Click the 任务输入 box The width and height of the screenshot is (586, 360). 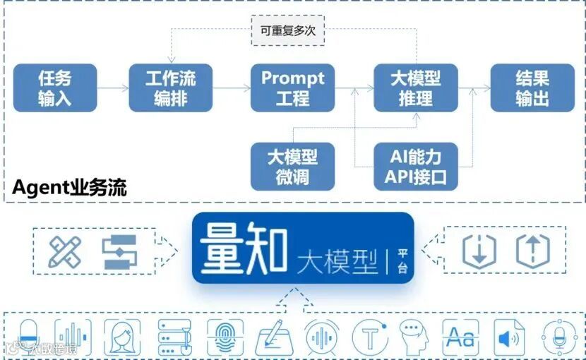[x=55, y=88]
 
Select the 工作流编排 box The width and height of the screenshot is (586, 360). [x=170, y=88]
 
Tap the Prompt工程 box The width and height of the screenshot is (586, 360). [x=292, y=88]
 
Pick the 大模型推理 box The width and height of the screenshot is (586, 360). [x=415, y=88]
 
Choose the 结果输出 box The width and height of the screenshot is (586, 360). [x=532, y=88]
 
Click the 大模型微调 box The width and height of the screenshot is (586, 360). [x=292, y=166]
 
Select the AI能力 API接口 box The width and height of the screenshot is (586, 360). [x=415, y=166]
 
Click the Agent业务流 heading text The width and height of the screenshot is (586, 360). [x=70, y=188]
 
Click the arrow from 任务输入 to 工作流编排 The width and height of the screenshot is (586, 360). [x=112, y=88]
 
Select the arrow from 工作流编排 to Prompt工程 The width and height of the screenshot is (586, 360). [x=232, y=88]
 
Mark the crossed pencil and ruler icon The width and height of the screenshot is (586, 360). [x=65, y=252]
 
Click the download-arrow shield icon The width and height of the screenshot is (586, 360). [x=479, y=251]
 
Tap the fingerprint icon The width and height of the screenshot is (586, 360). [x=225, y=337]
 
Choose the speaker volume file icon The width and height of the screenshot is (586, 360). [x=509, y=337]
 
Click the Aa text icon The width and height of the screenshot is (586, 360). [x=460, y=337]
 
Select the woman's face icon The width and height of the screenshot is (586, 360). [x=122, y=337]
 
